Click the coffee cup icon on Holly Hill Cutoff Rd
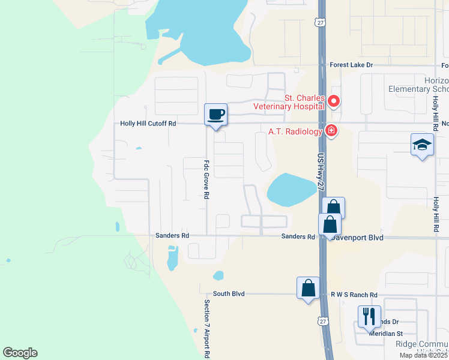point(216,114)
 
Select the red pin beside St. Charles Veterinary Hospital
point(334,101)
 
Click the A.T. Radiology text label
point(292,132)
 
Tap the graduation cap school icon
point(422,145)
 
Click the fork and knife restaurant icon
point(369,316)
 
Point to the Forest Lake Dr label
point(351,65)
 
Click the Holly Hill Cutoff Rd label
point(148,123)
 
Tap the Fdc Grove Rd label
point(206,179)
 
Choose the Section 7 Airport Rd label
point(206,328)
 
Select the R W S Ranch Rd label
point(354,295)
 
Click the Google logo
point(20,353)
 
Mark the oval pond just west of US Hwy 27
point(290,188)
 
